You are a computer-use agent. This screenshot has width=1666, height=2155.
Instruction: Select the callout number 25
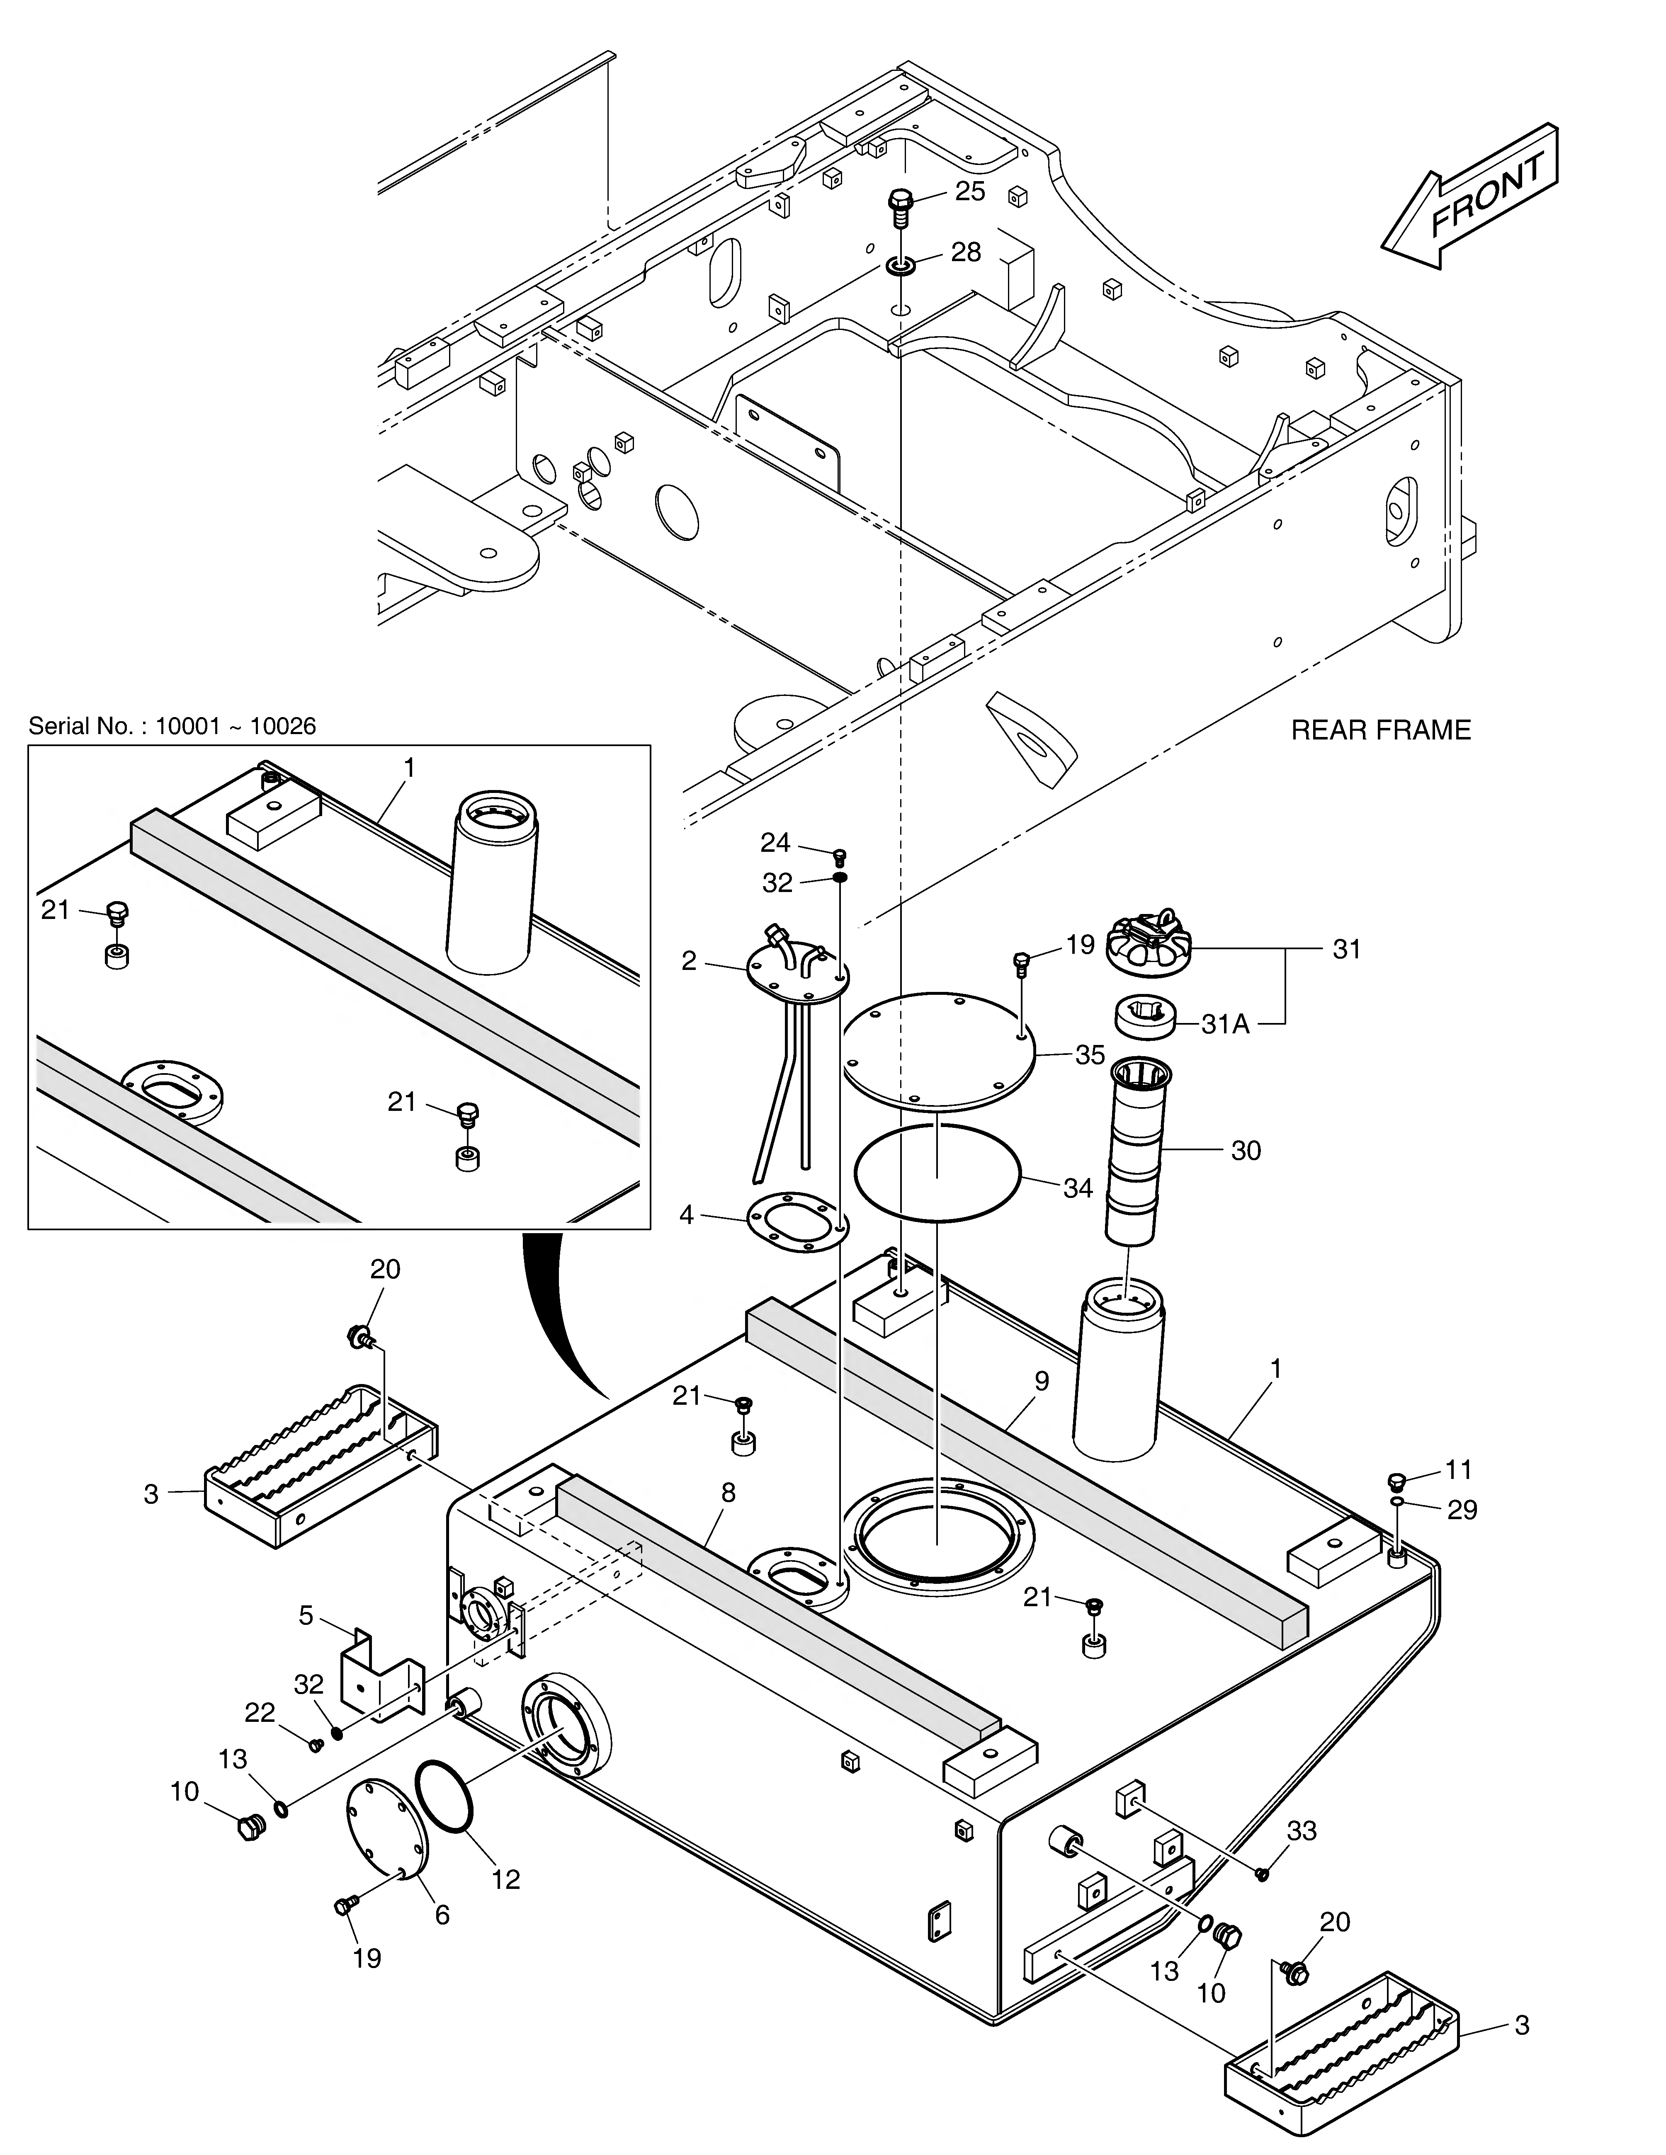coord(970,192)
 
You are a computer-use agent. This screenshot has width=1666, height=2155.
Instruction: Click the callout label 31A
coord(1226,1024)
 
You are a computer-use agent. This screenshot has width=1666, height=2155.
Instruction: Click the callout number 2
coord(689,961)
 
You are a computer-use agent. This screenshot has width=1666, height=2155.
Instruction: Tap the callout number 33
coord(1302,1831)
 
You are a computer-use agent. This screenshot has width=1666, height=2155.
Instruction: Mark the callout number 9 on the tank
coord(1042,1382)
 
